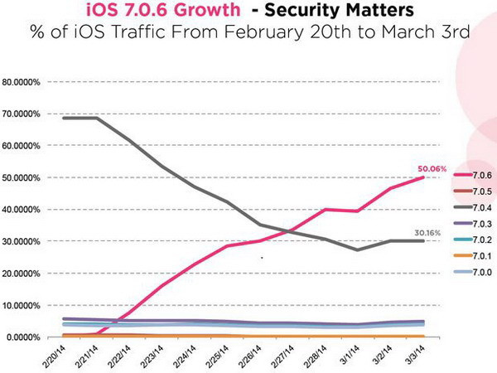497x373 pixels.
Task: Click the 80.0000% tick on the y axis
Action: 25,82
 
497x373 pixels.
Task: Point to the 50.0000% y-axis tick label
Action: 25,178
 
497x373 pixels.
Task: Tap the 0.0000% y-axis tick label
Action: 27,337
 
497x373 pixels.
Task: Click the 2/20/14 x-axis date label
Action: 55,354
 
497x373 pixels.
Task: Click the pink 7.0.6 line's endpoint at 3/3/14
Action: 425,177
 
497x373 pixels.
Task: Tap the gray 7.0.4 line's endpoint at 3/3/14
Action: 425,240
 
